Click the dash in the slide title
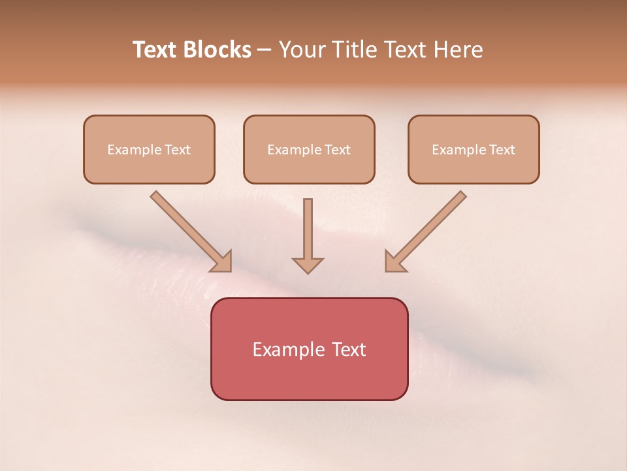pyautogui.click(x=265, y=50)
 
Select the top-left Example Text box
pyautogui.click(x=149, y=149)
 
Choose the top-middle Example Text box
pyautogui.click(x=309, y=149)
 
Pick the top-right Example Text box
pyautogui.click(x=474, y=149)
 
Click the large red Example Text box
pyautogui.click(x=309, y=349)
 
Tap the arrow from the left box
pyautogui.click(x=189, y=230)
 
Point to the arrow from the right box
pyautogui.click(x=426, y=230)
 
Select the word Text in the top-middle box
pyautogui.click(x=337, y=150)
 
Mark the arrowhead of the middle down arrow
pyautogui.click(x=308, y=265)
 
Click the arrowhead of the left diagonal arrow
pyautogui.click(x=222, y=262)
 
